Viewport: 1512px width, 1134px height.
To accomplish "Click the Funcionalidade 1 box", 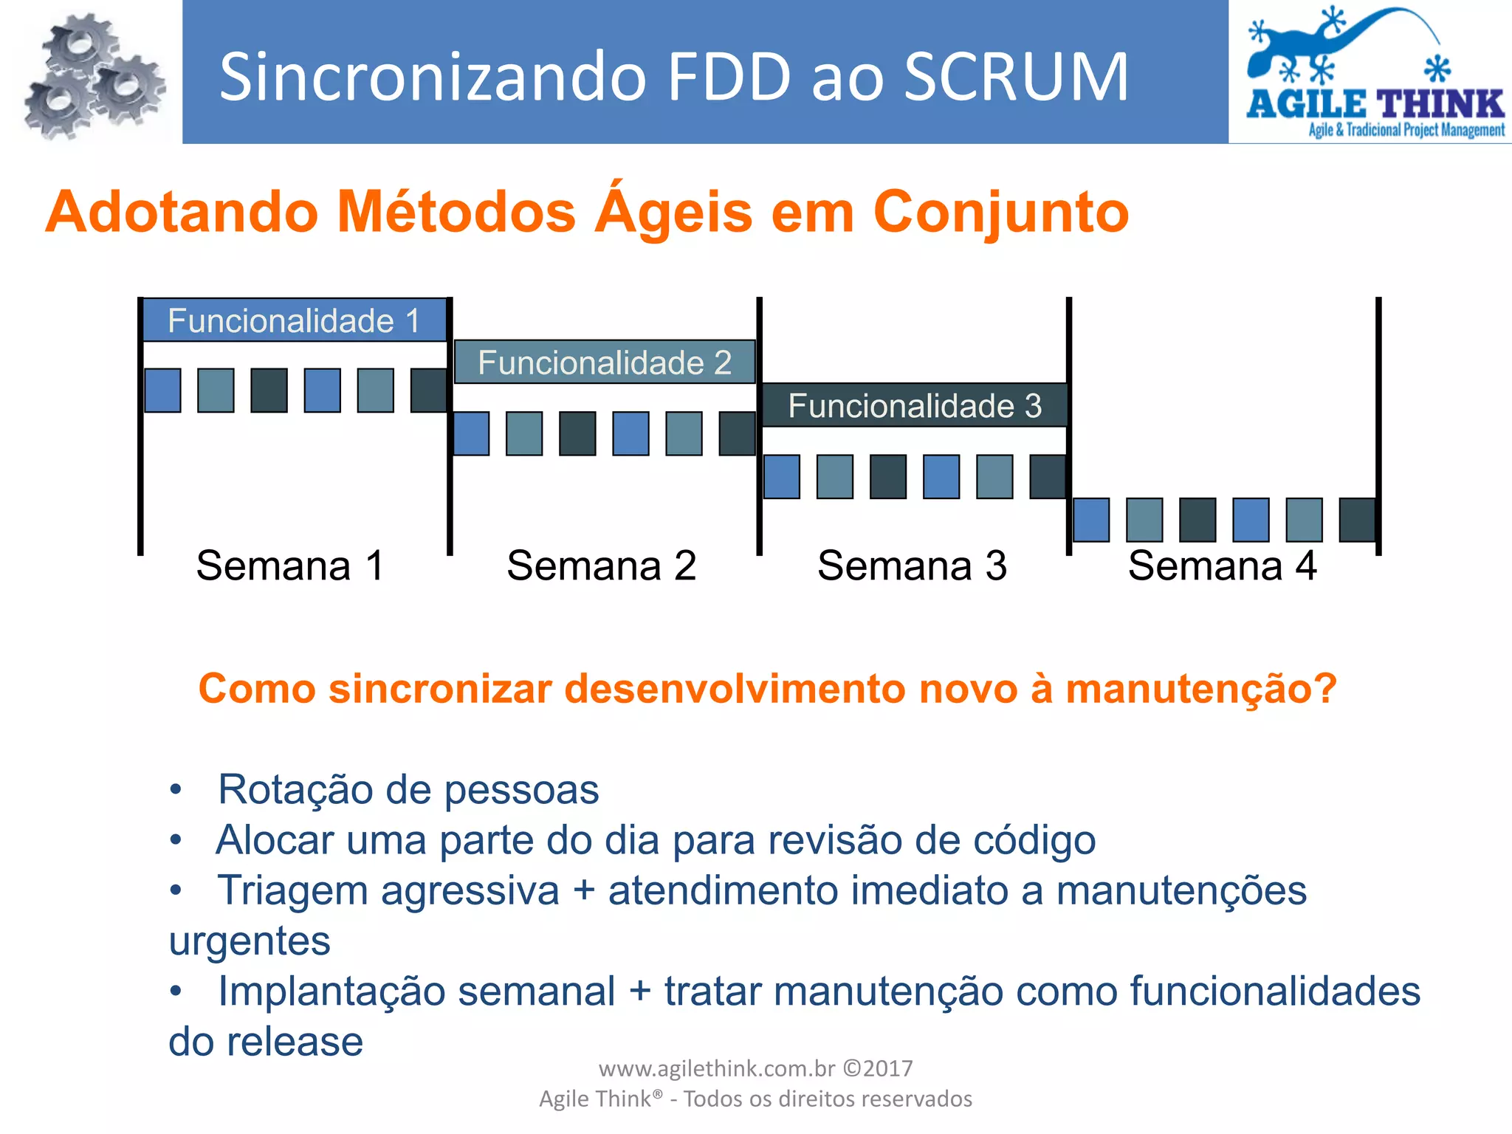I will [x=294, y=320].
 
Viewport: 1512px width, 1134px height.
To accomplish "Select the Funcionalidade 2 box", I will [x=604, y=362].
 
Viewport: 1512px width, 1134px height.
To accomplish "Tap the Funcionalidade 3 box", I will [x=914, y=405].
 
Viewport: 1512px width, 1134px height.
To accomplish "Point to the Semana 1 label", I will [x=290, y=566].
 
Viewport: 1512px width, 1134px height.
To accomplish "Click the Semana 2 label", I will [x=601, y=566].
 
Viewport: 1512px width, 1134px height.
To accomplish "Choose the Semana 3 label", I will [x=912, y=566].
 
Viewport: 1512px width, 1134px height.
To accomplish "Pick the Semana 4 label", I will [x=1222, y=566].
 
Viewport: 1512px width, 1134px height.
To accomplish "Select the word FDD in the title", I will [x=729, y=77].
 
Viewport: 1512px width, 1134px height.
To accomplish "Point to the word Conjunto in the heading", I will [x=1000, y=213].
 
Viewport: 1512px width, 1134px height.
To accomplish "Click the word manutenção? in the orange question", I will [x=1201, y=689].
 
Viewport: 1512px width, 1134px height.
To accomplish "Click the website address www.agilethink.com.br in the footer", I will [x=716, y=1068].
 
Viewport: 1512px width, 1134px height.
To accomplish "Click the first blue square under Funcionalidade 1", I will [x=162, y=390].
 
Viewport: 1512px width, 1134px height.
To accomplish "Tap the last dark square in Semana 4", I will [x=1358, y=520].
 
